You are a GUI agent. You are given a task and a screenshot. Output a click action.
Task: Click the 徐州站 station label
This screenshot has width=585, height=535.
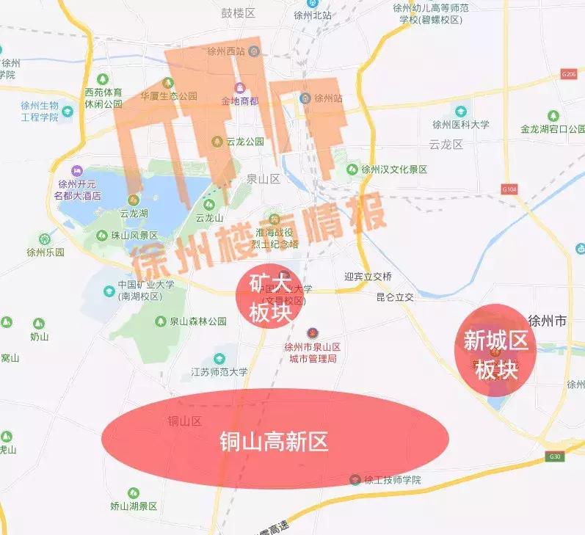pos(328,98)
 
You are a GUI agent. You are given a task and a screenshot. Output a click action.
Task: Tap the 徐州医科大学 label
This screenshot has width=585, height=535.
pos(460,125)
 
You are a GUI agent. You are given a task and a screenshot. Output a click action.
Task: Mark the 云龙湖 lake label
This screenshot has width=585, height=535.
pos(134,213)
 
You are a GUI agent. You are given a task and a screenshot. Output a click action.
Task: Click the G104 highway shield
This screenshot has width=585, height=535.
pos(509,189)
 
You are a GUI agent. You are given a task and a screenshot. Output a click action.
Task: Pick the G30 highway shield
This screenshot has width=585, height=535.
pos(556,456)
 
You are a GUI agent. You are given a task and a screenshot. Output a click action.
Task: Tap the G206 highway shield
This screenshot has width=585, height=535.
pos(567,74)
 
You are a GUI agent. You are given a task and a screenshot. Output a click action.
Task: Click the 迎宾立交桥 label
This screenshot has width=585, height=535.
pos(368,277)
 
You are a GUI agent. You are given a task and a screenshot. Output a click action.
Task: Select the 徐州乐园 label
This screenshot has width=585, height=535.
pos(46,252)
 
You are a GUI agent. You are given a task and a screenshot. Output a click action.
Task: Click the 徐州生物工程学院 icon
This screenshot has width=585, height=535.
pos(68,112)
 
